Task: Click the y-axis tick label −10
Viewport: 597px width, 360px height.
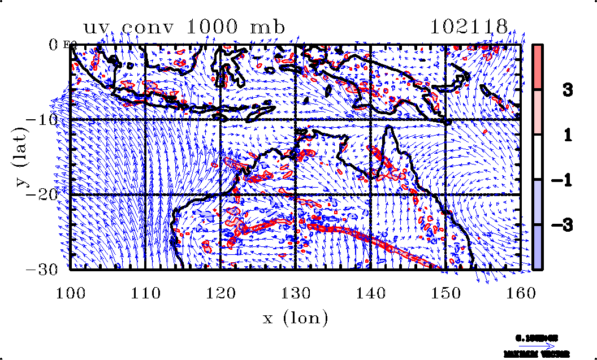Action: [x=46, y=120]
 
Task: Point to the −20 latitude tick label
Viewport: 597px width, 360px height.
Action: [x=46, y=194]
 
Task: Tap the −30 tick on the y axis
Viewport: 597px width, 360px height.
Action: [x=46, y=269]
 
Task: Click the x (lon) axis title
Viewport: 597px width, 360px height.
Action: [x=296, y=318]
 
